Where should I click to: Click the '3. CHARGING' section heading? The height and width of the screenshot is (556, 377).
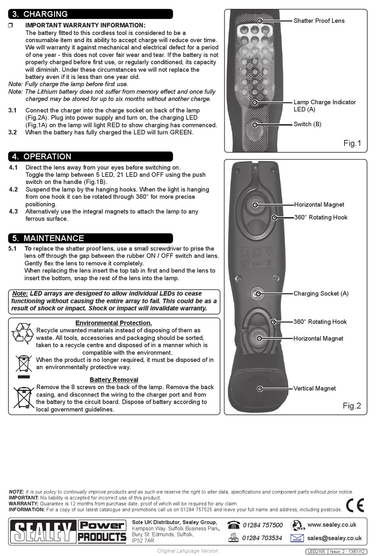point(40,14)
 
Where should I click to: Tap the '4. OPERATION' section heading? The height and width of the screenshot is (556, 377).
point(42,157)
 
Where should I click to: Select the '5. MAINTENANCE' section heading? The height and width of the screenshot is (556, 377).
point(48,238)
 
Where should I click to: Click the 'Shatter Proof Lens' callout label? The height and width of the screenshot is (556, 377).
point(319,21)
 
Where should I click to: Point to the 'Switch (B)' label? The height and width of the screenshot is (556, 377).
point(307,124)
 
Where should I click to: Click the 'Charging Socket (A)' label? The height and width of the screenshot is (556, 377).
point(321,293)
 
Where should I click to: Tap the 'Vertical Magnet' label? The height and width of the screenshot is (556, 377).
point(314,388)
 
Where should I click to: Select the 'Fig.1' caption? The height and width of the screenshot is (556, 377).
point(352,143)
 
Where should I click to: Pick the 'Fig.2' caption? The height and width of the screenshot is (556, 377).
point(352,406)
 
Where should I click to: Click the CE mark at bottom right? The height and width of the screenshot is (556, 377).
point(355,505)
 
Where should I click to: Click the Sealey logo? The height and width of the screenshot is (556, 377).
point(43,531)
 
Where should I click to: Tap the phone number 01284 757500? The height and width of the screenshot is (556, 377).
point(263,525)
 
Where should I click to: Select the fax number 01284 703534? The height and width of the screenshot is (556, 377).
point(262,538)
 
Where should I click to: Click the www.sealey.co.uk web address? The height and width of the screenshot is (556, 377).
point(332,525)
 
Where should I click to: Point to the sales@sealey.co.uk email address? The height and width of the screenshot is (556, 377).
point(334,538)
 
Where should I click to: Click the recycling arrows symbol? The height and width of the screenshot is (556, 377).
point(23,333)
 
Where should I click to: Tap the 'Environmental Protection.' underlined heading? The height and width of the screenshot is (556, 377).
point(113,323)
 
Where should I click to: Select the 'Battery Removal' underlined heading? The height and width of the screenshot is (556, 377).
point(114,380)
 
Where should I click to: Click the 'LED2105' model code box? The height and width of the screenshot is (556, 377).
point(316,551)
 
